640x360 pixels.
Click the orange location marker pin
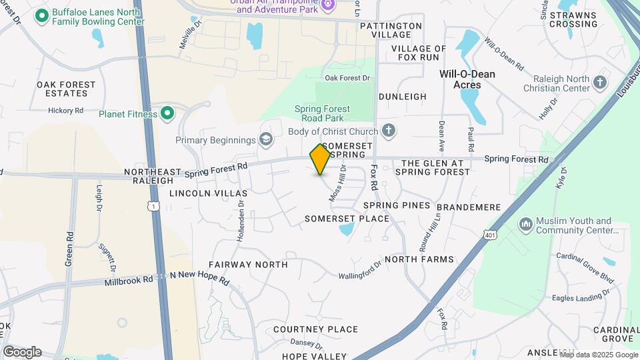coord(321,159)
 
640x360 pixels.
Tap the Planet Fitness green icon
coord(167,114)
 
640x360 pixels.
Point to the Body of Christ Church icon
coord(389,131)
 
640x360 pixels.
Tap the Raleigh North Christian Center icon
coord(600,83)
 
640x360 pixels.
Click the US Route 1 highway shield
coord(154,207)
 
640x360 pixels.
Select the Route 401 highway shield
coord(491,235)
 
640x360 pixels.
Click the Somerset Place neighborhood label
coord(347,219)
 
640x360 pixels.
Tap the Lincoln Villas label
coord(199,193)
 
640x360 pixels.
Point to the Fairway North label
coord(248,265)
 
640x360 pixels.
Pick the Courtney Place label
coord(315,329)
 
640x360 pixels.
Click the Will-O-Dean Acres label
coord(467,79)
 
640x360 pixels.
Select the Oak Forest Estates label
coord(66,89)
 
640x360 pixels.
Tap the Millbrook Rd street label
coord(129,281)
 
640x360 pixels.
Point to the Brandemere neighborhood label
coord(469,207)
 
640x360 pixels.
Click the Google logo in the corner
coord(22,352)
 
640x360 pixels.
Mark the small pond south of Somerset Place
coord(345,231)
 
